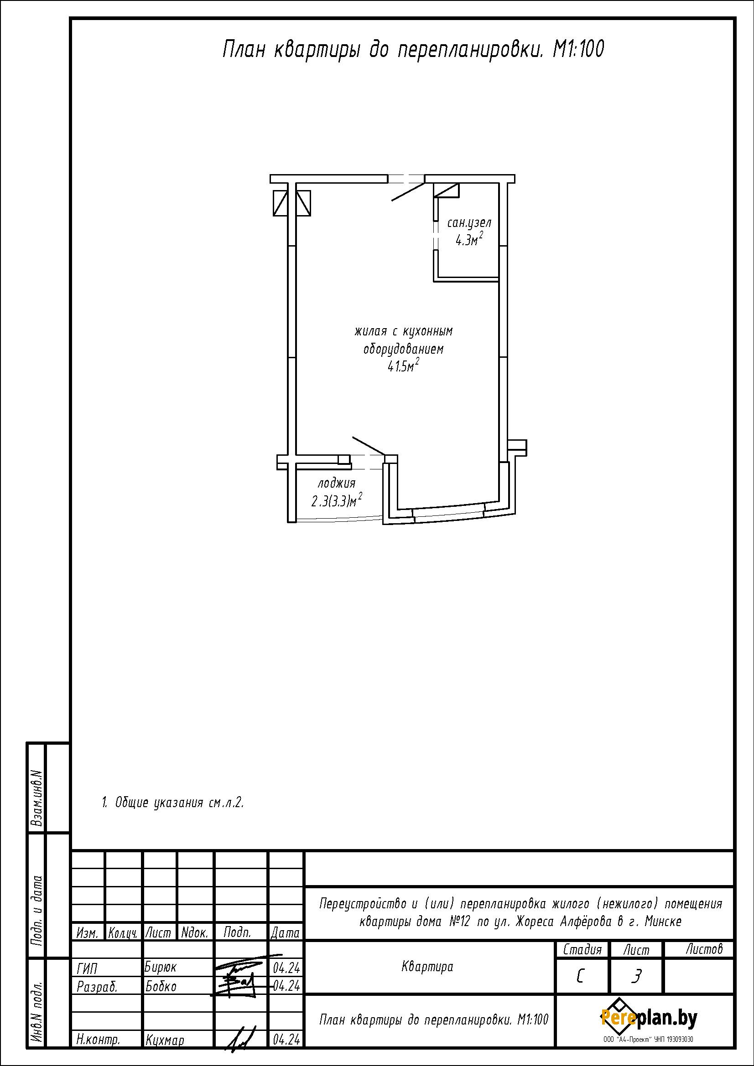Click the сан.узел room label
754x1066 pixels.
(x=469, y=223)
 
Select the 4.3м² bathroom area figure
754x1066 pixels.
(x=469, y=239)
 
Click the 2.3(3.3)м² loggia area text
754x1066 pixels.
(x=337, y=500)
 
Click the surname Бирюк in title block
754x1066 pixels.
(x=160, y=968)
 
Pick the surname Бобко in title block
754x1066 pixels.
(x=161, y=986)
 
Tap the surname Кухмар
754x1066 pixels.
(x=165, y=1040)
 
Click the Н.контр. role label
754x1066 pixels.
(x=98, y=1040)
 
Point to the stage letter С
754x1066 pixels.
(x=580, y=977)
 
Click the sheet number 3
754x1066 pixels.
(x=636, y=977)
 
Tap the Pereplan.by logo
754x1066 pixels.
(x=649, y=1018)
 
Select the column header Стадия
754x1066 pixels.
(x=582, y=950)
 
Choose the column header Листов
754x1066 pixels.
(x=704, y=949)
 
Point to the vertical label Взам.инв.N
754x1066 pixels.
(x=36, y=798)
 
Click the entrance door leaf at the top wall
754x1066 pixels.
(x=408, y=192)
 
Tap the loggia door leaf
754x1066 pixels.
(x=369, y=446)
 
